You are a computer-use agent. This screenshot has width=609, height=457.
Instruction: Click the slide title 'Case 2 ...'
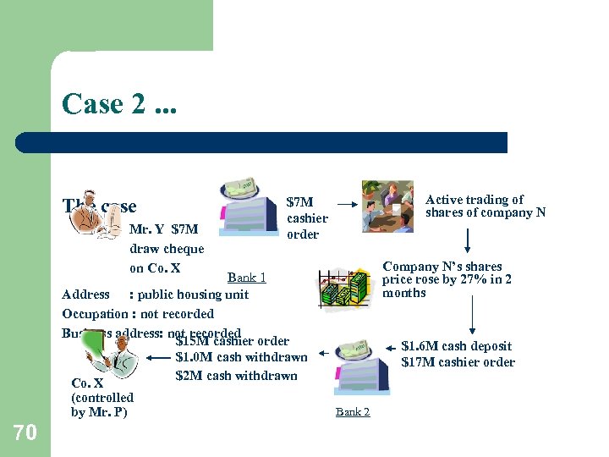(114, 104)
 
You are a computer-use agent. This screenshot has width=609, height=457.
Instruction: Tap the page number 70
(25, 432)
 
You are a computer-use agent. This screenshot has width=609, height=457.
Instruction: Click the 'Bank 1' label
(247, 278)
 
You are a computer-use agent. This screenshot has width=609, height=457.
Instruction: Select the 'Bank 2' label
(353, 412)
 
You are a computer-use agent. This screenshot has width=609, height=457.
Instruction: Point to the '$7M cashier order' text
(306, 218)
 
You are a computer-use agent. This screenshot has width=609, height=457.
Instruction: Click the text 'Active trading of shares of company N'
(485, 206)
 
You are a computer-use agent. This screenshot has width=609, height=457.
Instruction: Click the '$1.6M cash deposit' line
(456, 346)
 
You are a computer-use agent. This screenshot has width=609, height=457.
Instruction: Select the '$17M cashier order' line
(458, 362)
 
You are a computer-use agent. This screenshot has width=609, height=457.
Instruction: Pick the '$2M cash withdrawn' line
(236, 376)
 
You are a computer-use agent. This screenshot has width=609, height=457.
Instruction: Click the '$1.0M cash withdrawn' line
(241, 357)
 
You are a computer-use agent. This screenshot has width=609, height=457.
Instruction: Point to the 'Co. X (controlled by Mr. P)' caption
(102, 398)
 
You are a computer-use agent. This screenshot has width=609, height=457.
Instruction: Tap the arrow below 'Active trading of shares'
(467, 240)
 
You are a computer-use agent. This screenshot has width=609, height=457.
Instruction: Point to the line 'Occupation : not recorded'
(138, 314)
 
